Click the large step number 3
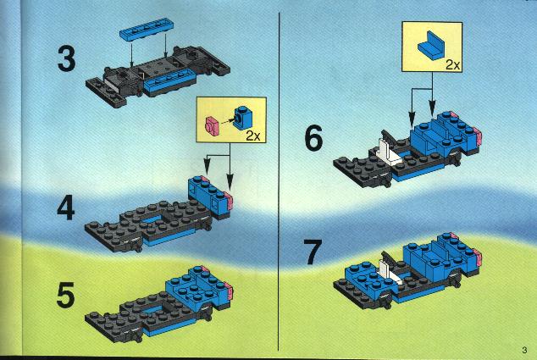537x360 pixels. (x=66, y=59)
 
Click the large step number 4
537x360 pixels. (x=66, y=208)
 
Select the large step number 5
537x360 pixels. (x=65, y=295)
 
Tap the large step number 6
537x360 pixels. (x=313, y=138)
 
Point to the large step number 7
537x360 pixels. (x=313, y=252)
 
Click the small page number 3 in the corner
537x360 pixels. (x=524, y=350)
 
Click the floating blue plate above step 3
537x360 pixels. (x=147, y=29)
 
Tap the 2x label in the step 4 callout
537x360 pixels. (x=253, y=136)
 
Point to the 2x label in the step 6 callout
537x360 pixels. (x=453, y=64)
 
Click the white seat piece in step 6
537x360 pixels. (x=390, y=152)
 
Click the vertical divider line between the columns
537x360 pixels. (x=279, y=181)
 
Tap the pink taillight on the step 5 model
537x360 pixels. (x=229, y=291)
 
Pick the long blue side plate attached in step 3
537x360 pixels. (x=169, y=82)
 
